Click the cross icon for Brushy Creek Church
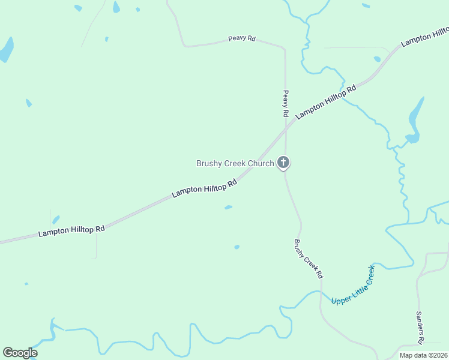[x=283, y=163]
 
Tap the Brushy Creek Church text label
[x=235, y=163]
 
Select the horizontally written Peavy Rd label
[x=242, y=38]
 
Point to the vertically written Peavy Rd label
[x=286, y=103]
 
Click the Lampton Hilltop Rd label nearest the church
[x=204, y=189]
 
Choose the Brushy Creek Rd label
[x=309, y=259]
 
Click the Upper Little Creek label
[x=352, y=284]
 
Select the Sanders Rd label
[x=420, y=328]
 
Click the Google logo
[x=20, y=353]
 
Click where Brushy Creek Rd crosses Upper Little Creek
[x=321, y=296]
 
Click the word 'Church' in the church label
[x=261, y=163]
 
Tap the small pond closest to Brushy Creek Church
[x=228, y=208]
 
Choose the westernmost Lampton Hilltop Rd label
[x=71, y=230]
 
